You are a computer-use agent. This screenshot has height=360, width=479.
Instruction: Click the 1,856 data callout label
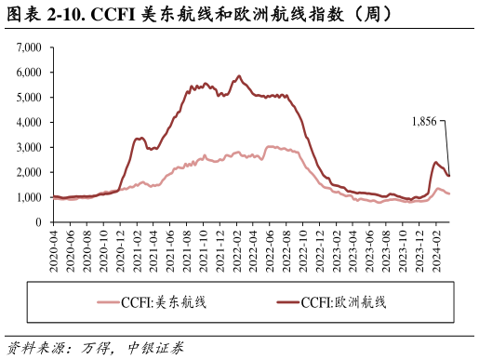424,121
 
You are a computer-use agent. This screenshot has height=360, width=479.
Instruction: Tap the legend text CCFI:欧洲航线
343,302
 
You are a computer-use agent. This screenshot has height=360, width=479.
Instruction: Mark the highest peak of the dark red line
239,76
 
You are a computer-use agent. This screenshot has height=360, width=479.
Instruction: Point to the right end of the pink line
449,193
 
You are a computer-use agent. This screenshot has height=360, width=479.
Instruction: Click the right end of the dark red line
449,176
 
